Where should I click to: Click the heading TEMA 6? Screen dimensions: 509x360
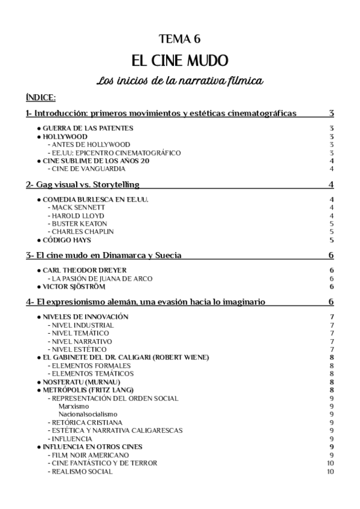[x=179, y=40]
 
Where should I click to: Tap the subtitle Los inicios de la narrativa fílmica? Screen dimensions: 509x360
[x=179, y=80]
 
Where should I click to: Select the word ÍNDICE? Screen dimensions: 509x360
[x=41, y=97]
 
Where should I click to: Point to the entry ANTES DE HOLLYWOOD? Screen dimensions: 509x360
[x=89, y=145]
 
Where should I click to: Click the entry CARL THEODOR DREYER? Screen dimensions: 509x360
[x=84, y=270]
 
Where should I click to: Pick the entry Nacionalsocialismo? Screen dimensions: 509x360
[x=88, y=414]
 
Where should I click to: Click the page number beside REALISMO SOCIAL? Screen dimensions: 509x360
[x=331, y=471]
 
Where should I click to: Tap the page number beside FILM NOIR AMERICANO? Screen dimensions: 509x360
[x=332, y=455]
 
